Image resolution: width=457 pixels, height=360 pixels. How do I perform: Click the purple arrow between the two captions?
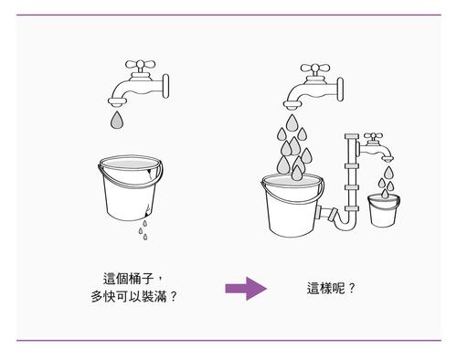(x=245, y=290)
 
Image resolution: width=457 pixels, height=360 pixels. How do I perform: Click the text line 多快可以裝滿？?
(x=133, y=298)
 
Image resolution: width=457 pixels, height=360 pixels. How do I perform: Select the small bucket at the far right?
(x=382, y=211)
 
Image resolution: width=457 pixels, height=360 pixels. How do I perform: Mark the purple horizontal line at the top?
(x=228, y=16)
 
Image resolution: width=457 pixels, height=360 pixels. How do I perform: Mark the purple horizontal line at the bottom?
(x=228, y=340)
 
